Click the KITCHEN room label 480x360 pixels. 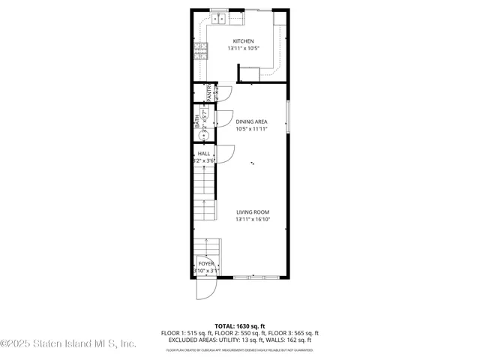point(243,41)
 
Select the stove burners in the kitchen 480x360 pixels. point(200,50)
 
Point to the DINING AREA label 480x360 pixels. point(251,121)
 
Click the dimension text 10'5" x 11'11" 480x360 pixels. point(251,129)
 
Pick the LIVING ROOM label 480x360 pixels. point(253,212)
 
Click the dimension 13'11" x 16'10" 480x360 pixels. point(253,220)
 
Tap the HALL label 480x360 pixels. point(204,153)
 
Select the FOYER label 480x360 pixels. point(205,264)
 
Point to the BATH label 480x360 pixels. point(198,120)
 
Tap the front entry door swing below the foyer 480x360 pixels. point(205,289)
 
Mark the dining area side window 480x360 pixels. point(289,120)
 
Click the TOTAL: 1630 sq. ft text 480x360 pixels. point(239,326)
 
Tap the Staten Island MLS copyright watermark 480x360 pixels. point(68,344)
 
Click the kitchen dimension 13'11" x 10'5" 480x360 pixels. point(243,49)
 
